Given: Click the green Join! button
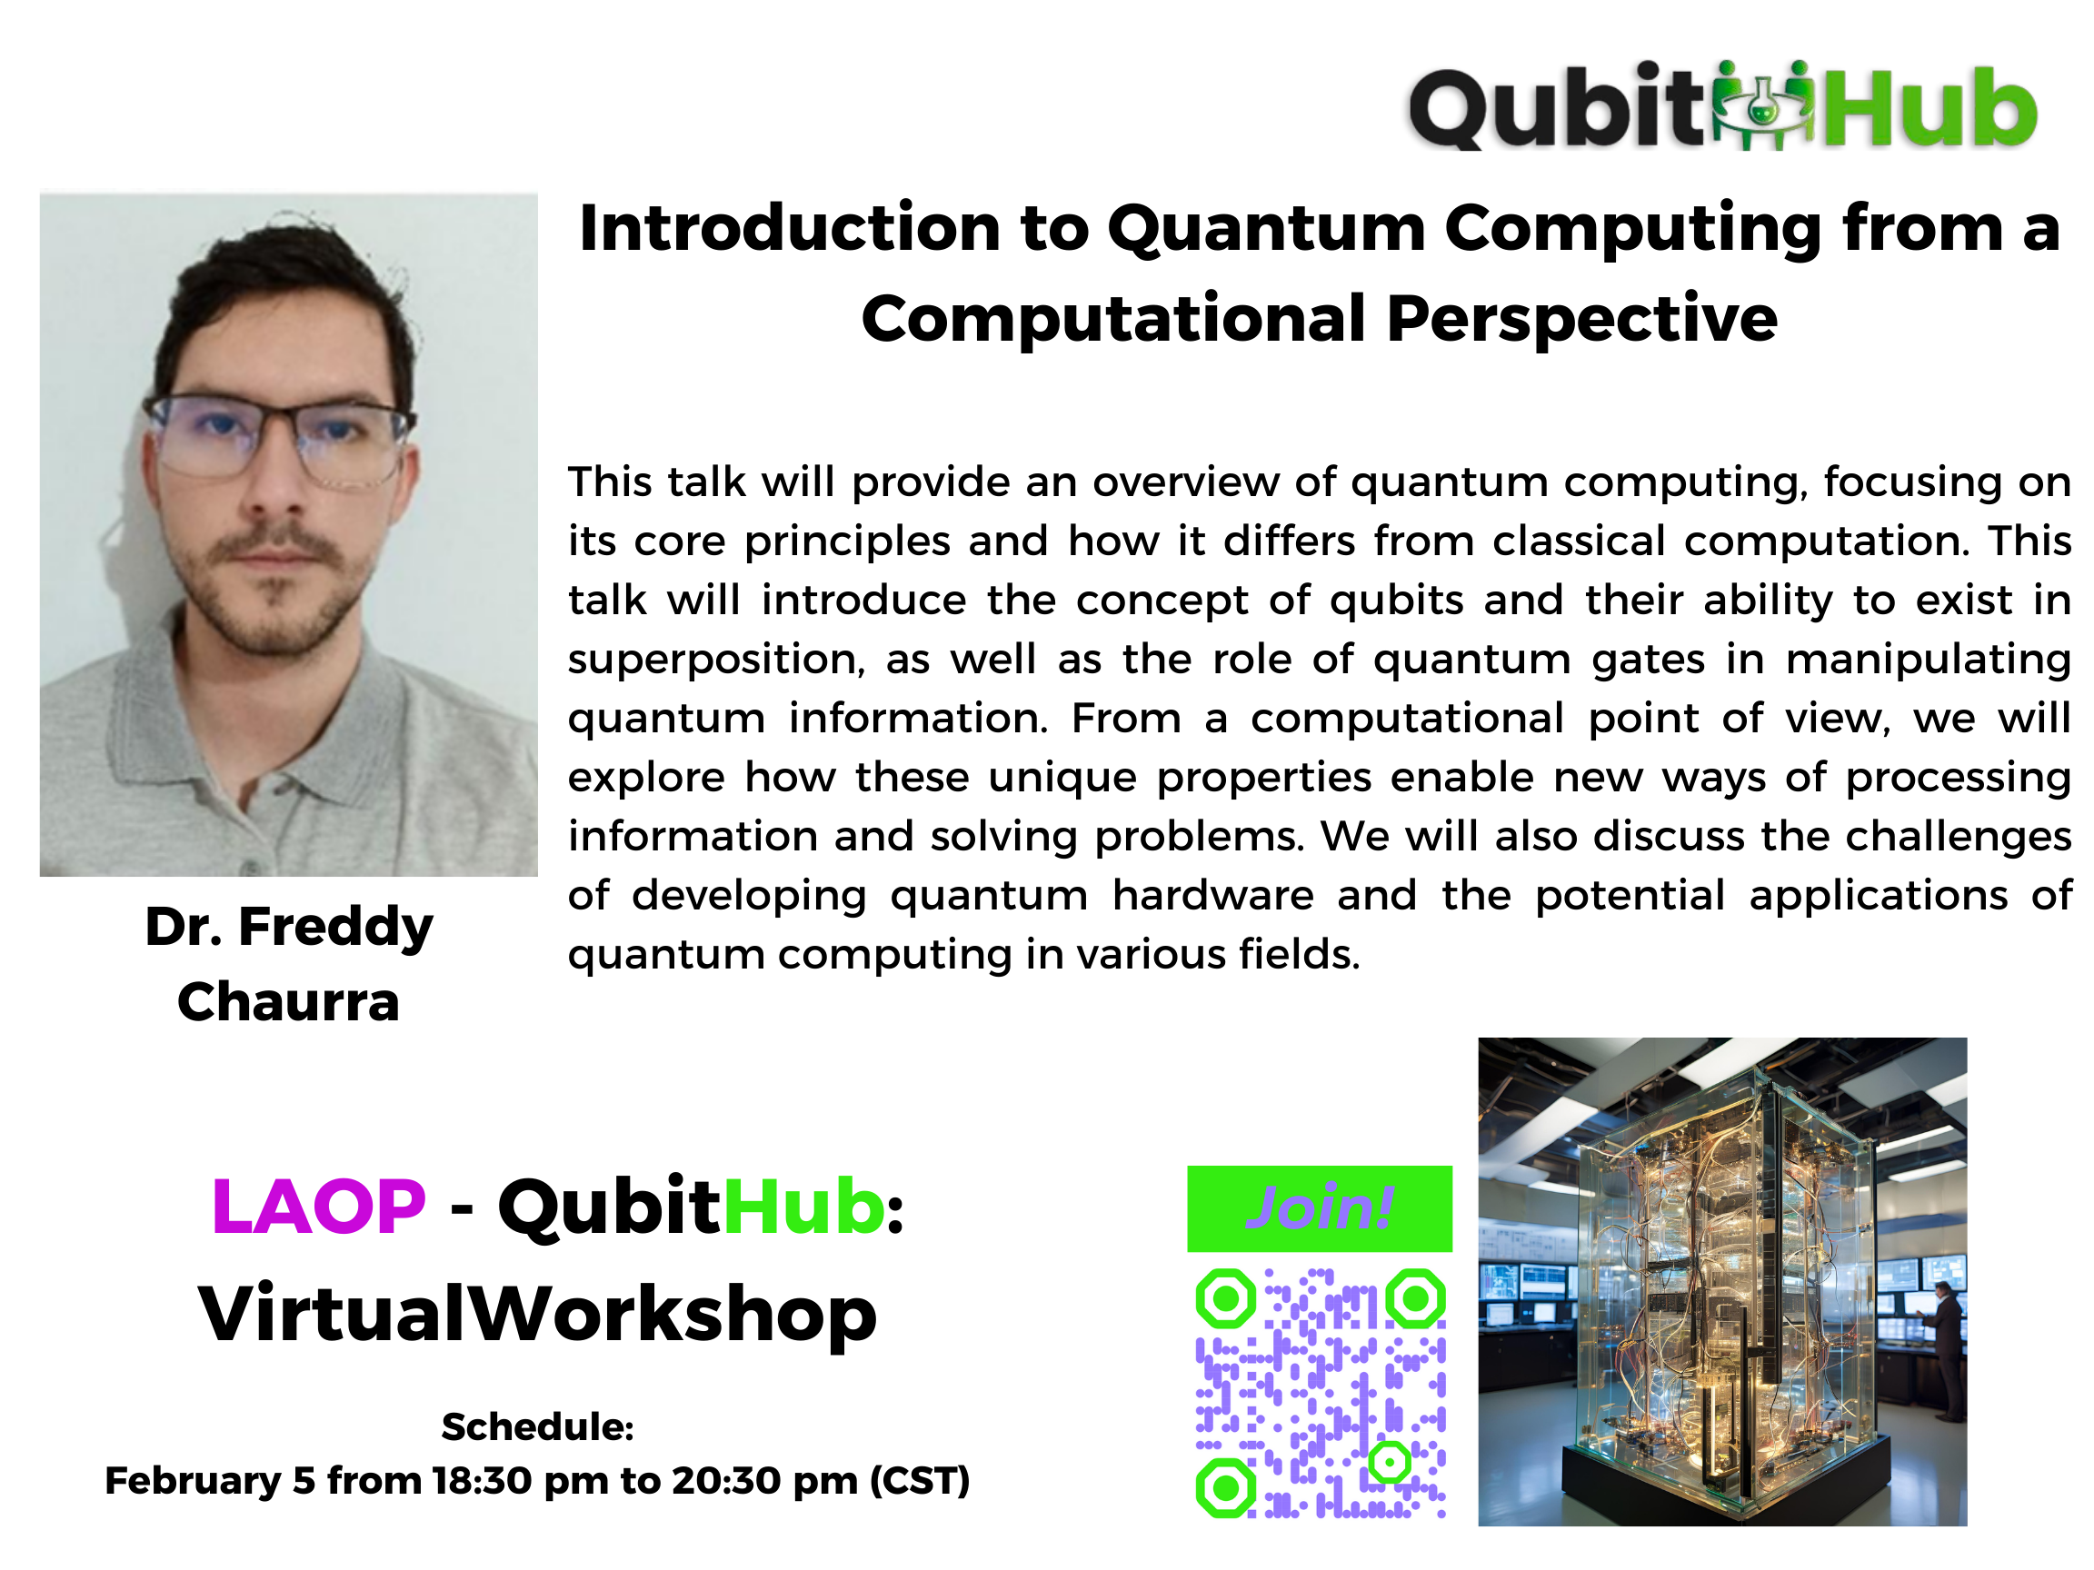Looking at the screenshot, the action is pyautogui.click(x=1319, y=1208).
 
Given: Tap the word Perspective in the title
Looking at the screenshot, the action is pyautogui.click(x=1581, y=319).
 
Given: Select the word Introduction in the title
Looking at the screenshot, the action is pyautogui.click(x=790, y=229).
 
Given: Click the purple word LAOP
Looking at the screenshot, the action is pyautogui.click(x=318, y=1207).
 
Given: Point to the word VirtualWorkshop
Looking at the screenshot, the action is pyautogui.click(x=538, y=1315).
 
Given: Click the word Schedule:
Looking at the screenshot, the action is pyautogui.click(x=538, y=1427).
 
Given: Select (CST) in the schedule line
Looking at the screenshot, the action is pyautogui.click(x=919, y=1481).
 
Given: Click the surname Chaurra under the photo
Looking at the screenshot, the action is pyautogui.click(x=289, y=1001).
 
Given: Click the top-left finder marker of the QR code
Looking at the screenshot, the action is pyautogui.click(x=1226, y=1297).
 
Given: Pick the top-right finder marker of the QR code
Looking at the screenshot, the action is pyautogui.click(x=1415, y=1297).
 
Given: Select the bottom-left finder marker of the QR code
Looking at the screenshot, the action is pyautogui.click(x=1226, y=1487).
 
